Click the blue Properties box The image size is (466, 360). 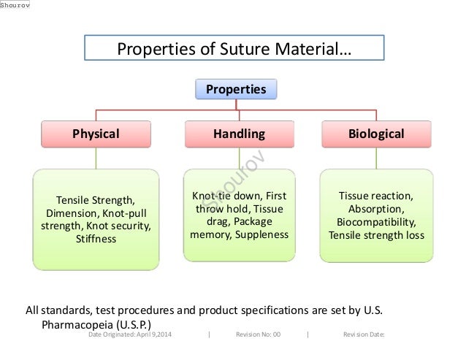click(235, 89)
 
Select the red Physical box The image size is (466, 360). click(96, 134)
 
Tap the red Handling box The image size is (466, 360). click(239, 134)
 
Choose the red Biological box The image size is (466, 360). click(377, 134)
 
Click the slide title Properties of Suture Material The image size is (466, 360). click(234, 50)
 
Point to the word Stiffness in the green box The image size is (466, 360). click(96, 239)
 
